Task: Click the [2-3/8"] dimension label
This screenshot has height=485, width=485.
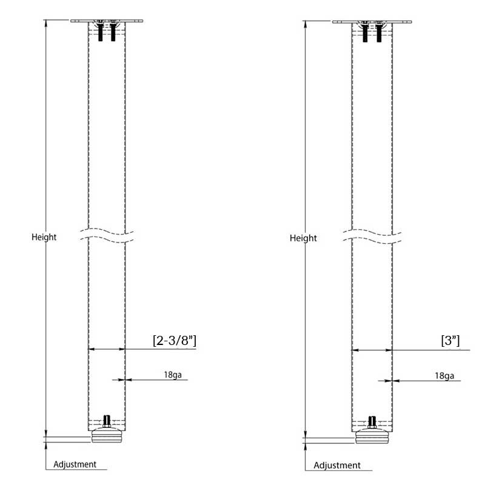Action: tap(174, 341)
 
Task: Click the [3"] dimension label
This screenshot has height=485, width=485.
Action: tap(450, 341)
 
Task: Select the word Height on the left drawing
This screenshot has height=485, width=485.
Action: tap(44, 237)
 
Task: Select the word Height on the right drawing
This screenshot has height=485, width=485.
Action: tap(303, 238)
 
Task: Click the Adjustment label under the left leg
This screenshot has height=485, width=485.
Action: tap(75, 464)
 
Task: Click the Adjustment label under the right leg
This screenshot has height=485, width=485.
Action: tap(337, 466)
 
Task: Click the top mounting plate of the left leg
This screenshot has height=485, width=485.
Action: tap(107, 21)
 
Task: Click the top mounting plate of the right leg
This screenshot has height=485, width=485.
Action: tap(372, 22)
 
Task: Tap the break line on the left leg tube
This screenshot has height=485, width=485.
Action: tap(107, 235)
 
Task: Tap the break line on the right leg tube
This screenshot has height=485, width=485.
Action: tap(372, 236)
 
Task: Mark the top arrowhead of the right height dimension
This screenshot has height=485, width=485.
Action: tap(306, 24)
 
